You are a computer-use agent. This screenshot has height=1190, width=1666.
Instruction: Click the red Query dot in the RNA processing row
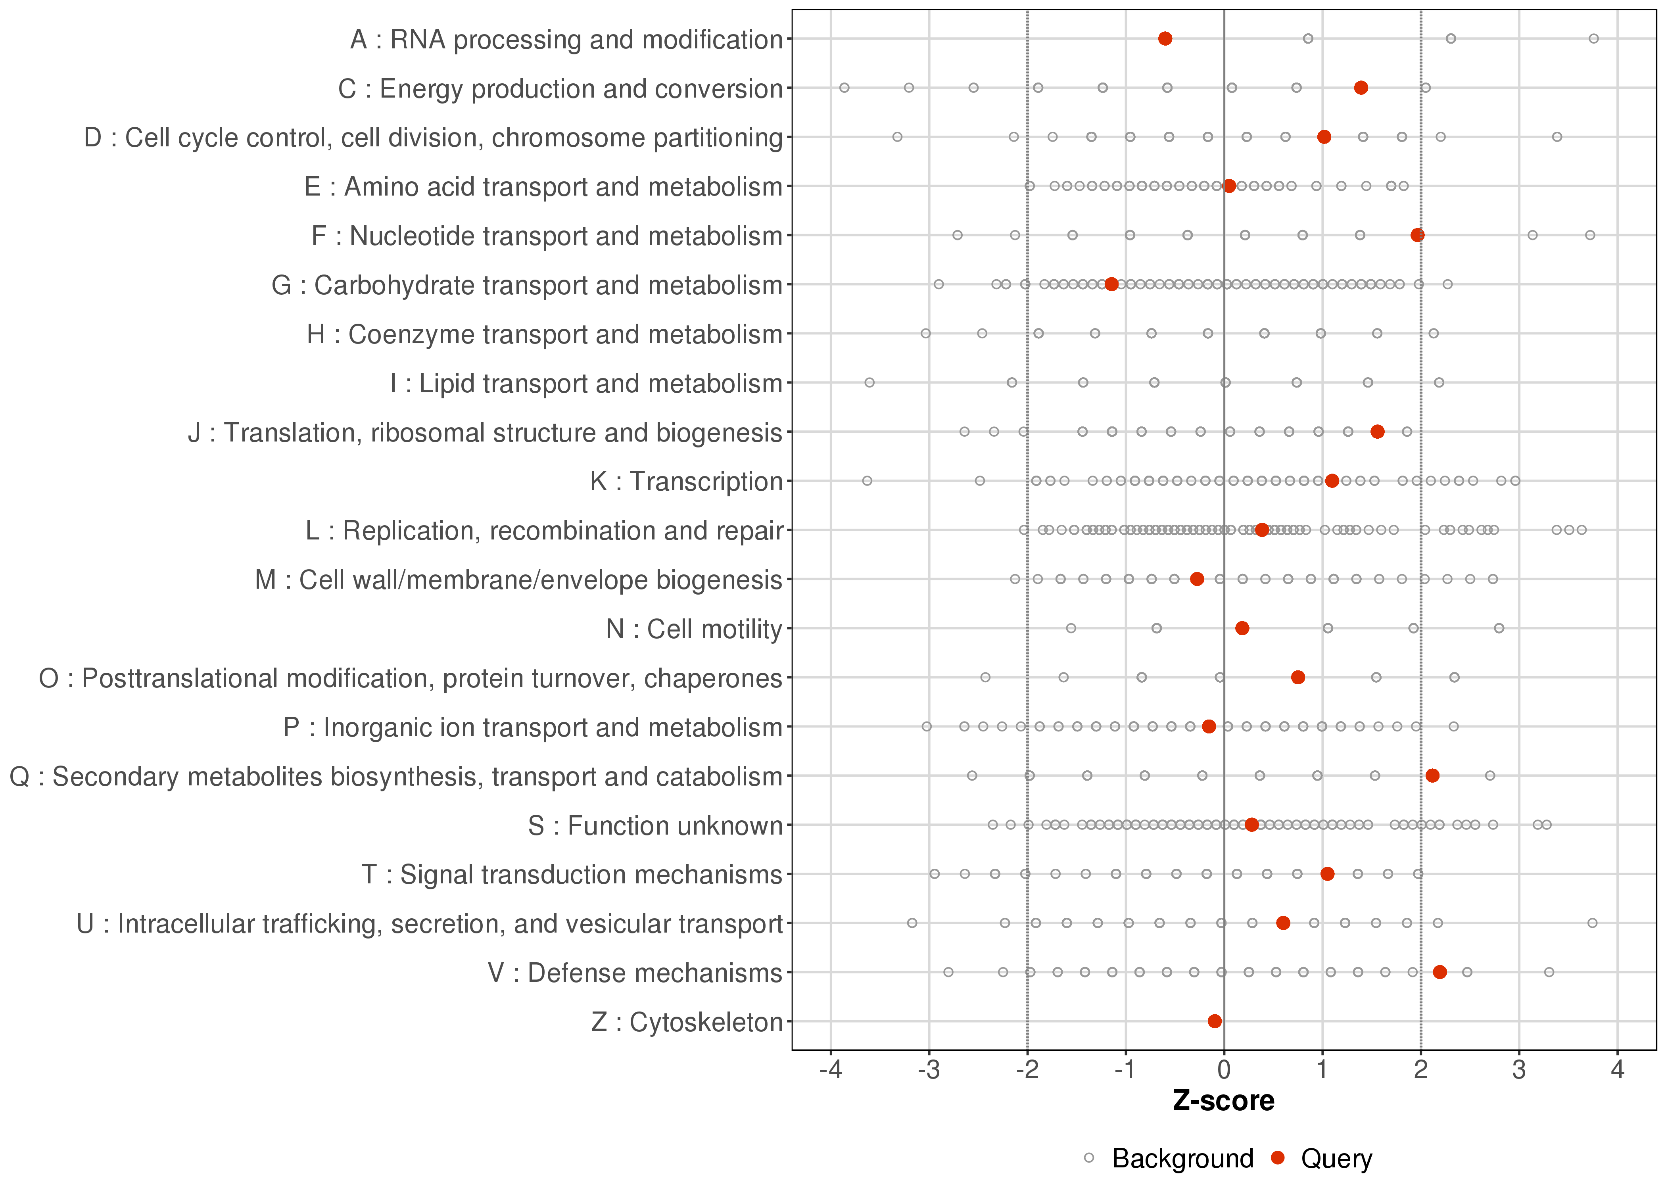pos(1165,39)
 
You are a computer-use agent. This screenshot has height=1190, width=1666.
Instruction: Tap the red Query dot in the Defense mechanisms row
pos(1440,972)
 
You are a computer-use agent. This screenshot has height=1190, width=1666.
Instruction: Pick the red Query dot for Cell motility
pos(1242,628)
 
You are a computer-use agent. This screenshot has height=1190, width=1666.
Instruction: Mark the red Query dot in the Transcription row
pos(1332,481)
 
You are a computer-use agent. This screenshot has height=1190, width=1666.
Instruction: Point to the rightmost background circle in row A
pos(1593,39)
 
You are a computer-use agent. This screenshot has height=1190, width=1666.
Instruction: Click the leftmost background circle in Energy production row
pos(844,88)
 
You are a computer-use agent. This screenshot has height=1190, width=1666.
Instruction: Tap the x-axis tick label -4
pos(831,1071)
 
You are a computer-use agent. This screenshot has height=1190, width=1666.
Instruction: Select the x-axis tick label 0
pos(1223,1071)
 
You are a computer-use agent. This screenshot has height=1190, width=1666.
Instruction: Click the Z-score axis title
pos(1223,1101)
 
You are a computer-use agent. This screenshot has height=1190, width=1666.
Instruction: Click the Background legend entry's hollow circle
pos(1089,1158)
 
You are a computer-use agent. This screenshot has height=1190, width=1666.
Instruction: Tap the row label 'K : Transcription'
pos(687,482)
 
